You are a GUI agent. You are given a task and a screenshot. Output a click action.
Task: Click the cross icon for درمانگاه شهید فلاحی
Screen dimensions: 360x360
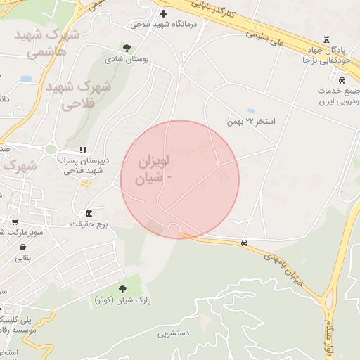click(x=164, y=13)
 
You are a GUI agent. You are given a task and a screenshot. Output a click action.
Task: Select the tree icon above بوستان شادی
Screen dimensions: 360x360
click(x=127, y=48)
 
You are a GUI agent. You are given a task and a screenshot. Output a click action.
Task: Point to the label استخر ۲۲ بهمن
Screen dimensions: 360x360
click(x=251, y=122)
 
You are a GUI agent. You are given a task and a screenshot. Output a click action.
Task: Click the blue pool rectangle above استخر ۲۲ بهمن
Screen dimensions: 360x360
click(x=251, y=110)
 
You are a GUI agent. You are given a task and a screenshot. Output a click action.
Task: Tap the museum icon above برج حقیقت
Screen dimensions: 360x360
click(x=89, y=212)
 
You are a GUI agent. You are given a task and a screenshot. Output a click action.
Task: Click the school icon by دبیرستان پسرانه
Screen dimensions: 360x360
click(x=82, y=150)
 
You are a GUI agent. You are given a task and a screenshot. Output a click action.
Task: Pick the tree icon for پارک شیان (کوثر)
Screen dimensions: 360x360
click(x=122, y=288)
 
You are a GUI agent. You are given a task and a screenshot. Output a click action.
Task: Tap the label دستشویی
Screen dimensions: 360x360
click(x=172, y=334)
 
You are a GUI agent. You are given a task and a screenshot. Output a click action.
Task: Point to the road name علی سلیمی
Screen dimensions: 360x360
click(x=271, y=37)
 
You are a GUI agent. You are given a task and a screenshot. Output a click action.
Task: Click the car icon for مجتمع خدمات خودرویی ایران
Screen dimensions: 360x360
click(x=342, y=80)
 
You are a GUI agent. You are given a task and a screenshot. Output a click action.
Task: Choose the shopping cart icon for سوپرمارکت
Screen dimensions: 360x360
click(x=15, y=222)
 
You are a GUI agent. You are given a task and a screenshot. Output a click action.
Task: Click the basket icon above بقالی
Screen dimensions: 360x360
click(x=23, y=247)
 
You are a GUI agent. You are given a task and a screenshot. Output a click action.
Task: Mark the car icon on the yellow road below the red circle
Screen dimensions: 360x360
click(x=244, y=243)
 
